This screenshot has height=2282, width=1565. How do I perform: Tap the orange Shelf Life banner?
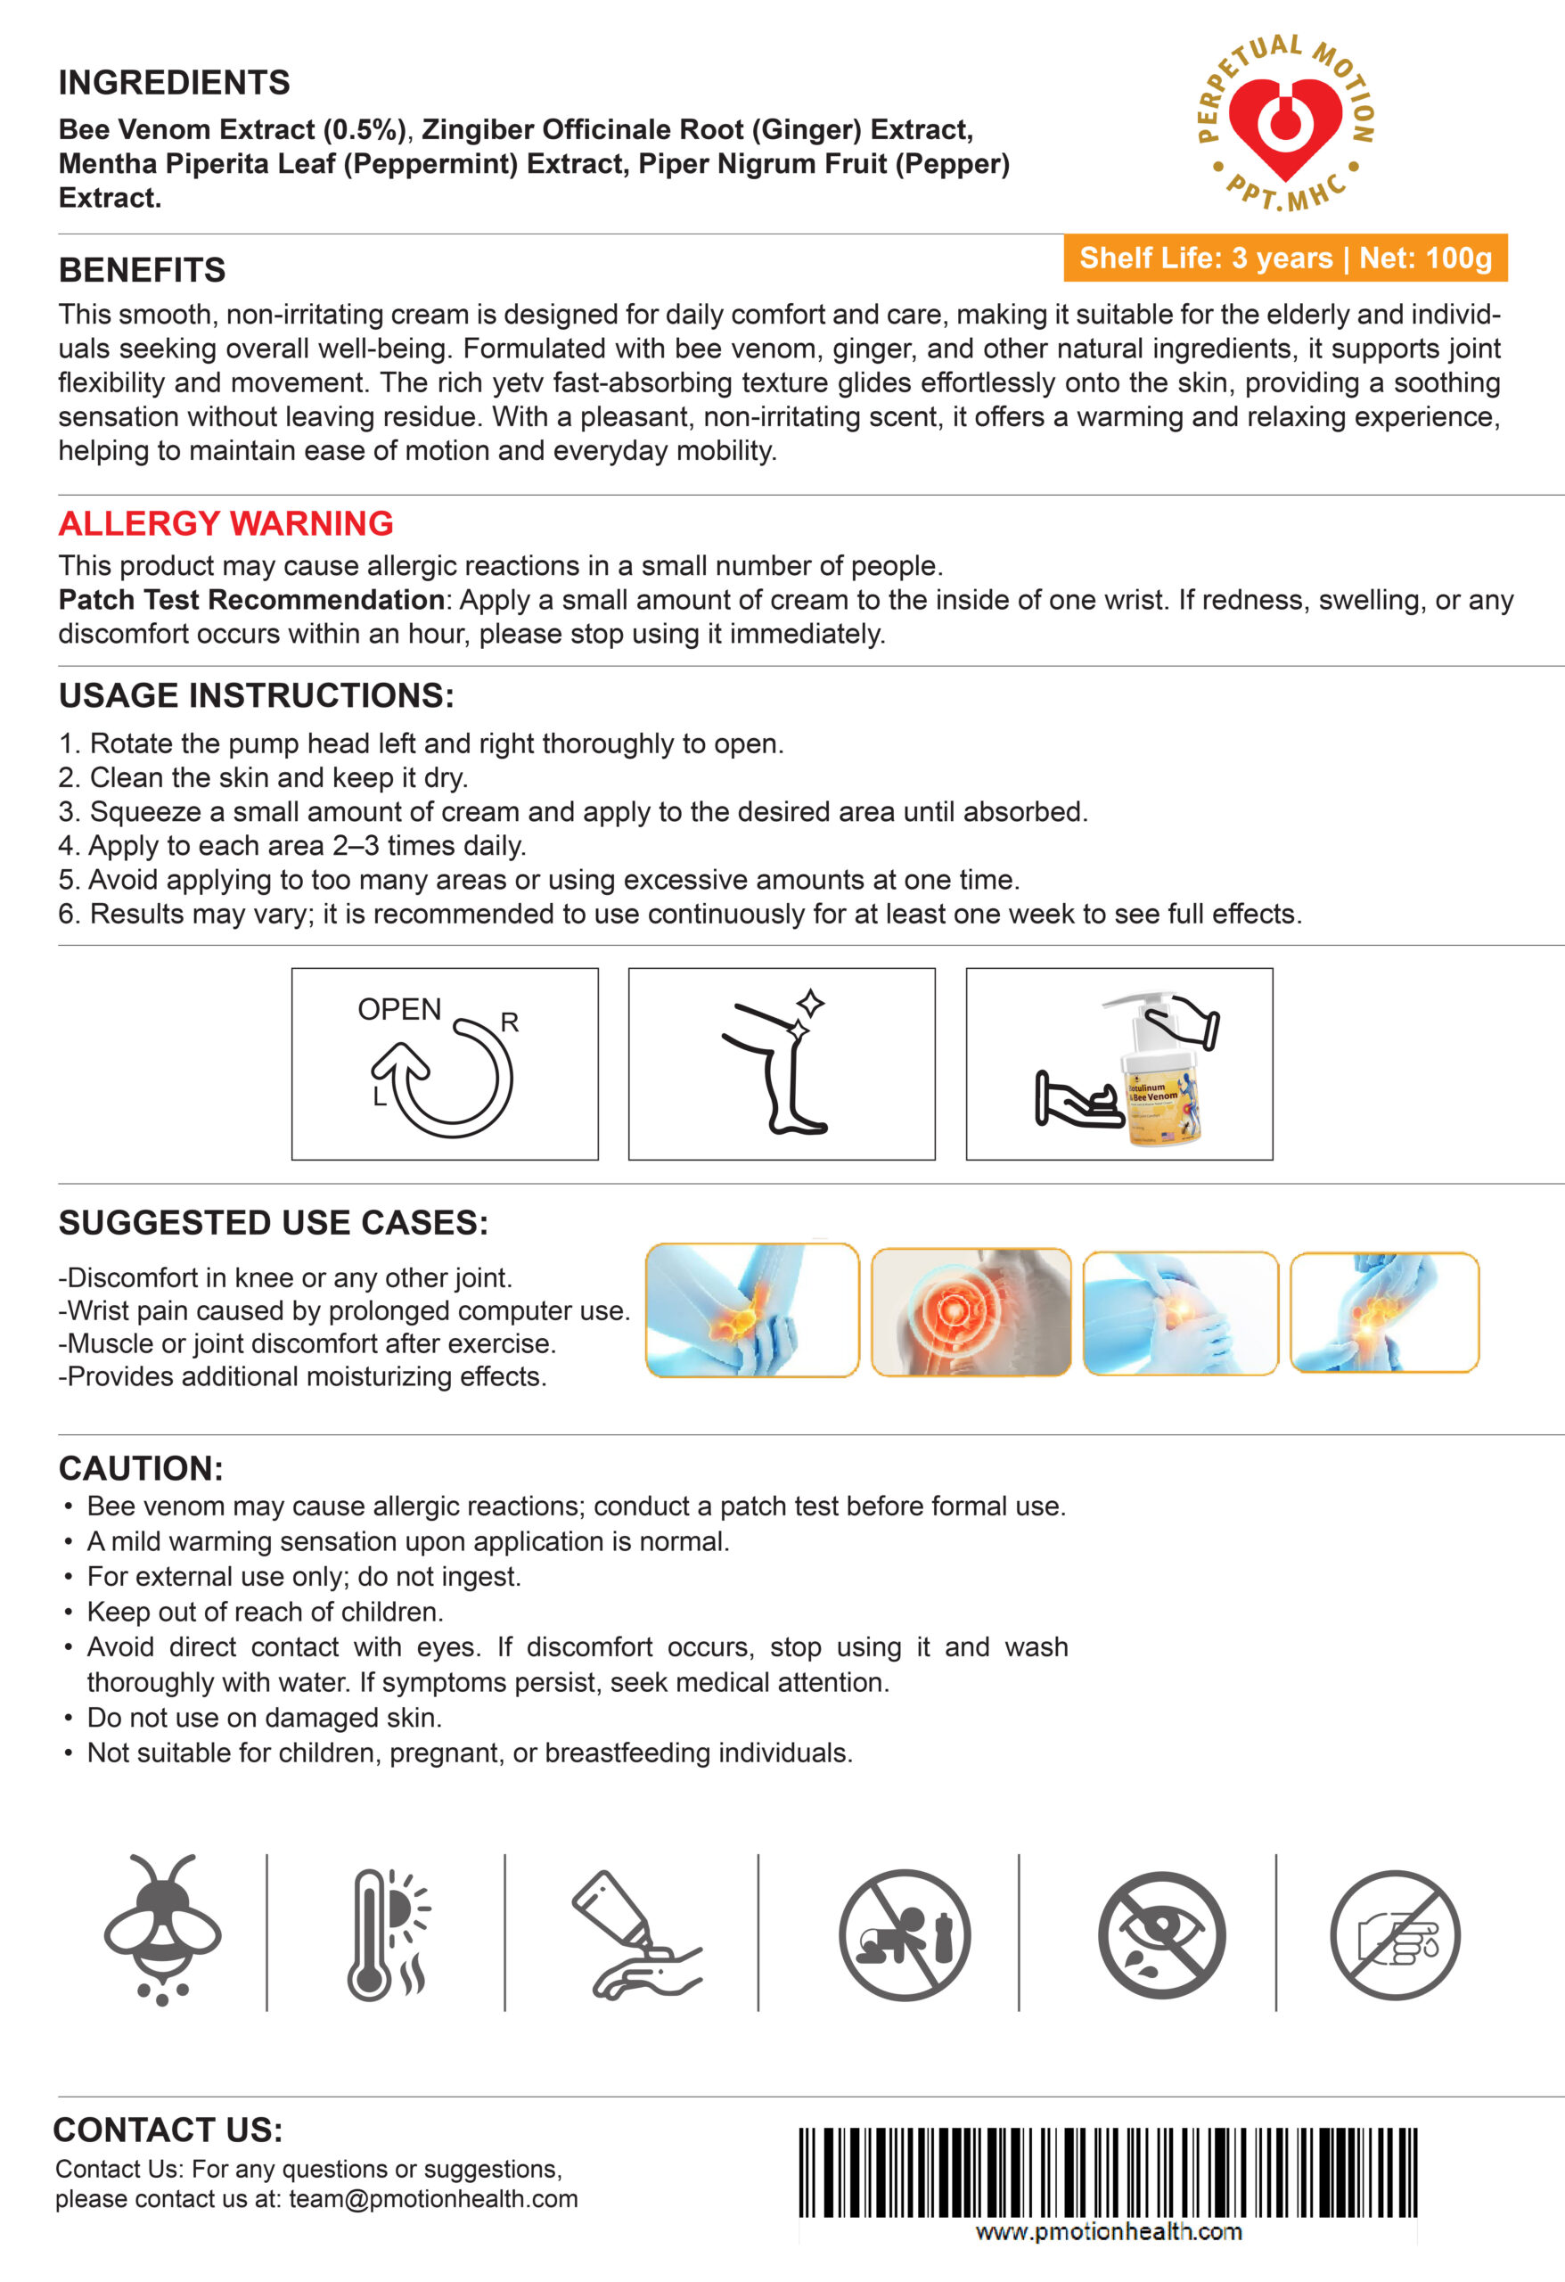coord(1285,259)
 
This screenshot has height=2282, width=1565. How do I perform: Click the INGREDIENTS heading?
coord(174,83)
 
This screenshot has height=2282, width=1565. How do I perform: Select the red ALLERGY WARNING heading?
coord(225,523)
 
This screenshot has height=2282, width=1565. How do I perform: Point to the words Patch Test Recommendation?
coord(251,600)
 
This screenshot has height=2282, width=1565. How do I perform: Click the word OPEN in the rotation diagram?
coord(398,1009)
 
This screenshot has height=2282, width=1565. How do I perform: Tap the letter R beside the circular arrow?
coord(510,1022)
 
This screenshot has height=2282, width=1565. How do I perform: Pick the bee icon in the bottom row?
coord(163,1928)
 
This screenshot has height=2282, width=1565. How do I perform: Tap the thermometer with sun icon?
coord(387,1933)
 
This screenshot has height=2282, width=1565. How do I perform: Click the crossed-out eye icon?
coord(1161,1934)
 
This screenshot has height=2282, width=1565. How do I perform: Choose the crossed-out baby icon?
coord(905,1934)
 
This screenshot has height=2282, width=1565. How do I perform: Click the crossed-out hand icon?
coord(1395,1934)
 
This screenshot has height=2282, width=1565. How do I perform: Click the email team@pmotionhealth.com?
coord(433,2198)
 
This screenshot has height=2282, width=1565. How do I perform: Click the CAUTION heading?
coord(141,1468)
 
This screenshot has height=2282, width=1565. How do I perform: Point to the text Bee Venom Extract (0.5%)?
coord(232,129)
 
